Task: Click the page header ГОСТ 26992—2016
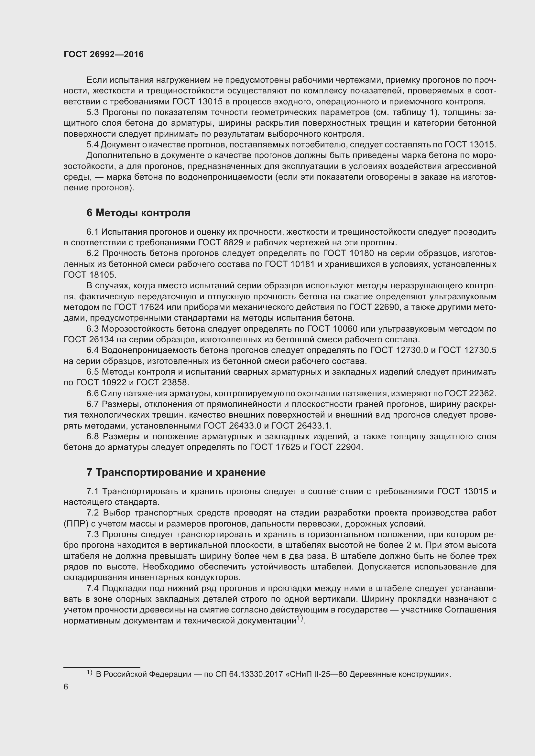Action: tap(104, 54)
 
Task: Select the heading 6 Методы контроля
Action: tap(138, 213)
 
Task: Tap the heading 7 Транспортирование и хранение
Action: tap(176, 472)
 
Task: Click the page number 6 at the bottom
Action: tap(66, 687)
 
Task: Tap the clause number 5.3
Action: tap(93, 112)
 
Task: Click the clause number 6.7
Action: tap(93, 404)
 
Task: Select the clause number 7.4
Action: tap(93, 588)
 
